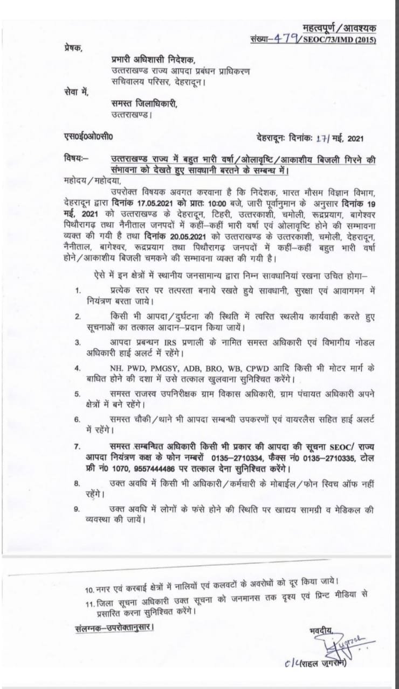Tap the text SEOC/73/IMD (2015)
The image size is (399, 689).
(341, 40)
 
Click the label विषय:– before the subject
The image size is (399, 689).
(76, 160)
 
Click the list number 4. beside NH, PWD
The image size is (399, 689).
(78, 369)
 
